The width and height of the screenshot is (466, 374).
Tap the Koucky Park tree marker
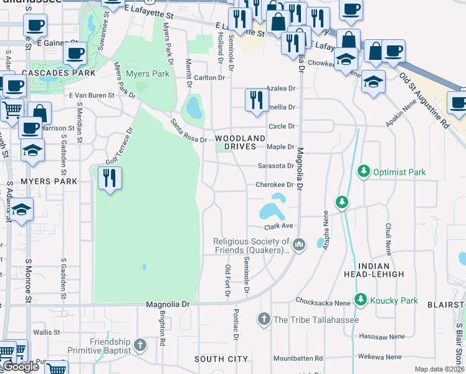coord(360,300)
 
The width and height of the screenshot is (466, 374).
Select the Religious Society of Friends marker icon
coord(300,244)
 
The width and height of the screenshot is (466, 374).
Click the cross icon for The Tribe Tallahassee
coord(264,320)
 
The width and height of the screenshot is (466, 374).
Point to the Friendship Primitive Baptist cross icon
coord(141,344)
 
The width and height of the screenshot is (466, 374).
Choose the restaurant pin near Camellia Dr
coord(256,100)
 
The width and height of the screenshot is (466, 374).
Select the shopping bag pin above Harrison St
coord(39,113)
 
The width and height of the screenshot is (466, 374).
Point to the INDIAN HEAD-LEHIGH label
coord(374,269)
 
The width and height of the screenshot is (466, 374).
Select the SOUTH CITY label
coord(221,359)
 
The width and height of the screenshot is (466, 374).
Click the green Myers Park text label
coord(148,74)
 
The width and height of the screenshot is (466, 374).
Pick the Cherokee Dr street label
coord(275,185)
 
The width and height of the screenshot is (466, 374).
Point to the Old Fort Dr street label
coord(227,280)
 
